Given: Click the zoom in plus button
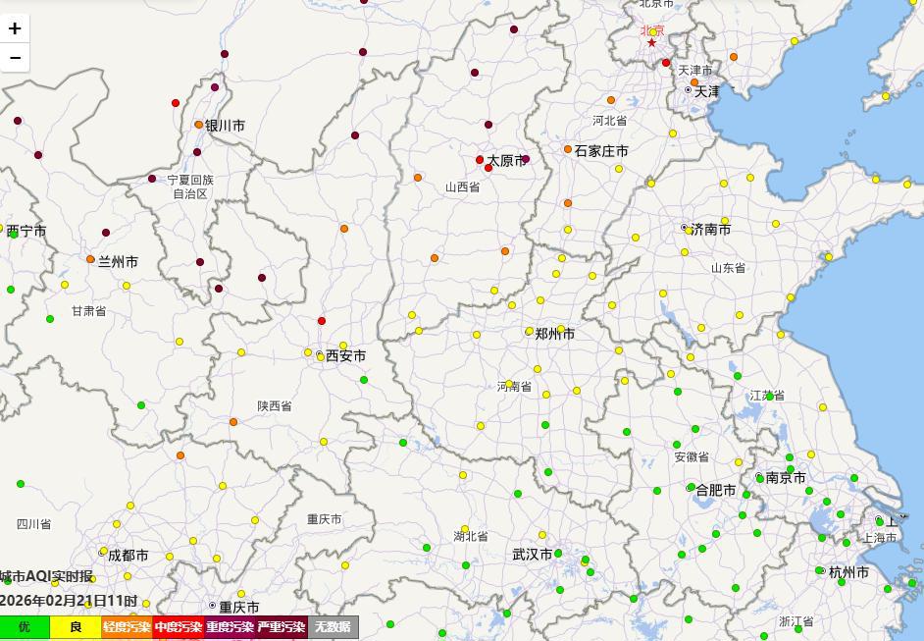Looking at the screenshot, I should tap(15, 28).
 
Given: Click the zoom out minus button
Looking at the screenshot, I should tap(15, 58).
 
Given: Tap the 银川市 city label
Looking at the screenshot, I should tap(225, 126).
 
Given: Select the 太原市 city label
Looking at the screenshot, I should tap(507, 160).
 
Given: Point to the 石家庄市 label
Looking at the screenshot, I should tap(601, 151).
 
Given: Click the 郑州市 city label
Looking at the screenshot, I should tap(554, 334).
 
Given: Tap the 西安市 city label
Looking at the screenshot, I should tap(345, 355).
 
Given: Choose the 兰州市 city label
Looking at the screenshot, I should tap(118, 262).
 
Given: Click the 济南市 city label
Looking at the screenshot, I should tap(710, 230).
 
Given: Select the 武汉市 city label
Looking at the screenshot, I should tap(532, 555).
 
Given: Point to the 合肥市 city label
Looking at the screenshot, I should tap(715, 490).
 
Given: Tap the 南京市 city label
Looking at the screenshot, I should tap(786, 478).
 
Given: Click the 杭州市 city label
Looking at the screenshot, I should tap(848, 572).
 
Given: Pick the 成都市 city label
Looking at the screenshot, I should tap(128, 556).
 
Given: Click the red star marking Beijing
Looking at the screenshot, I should tap(651, 43).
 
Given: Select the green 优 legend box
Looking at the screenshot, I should tap(25, 627).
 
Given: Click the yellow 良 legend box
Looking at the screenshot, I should tap(76, 627).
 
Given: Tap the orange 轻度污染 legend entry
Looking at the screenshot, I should tap(127, 627).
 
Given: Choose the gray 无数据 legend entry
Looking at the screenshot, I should tap(333, 627).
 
